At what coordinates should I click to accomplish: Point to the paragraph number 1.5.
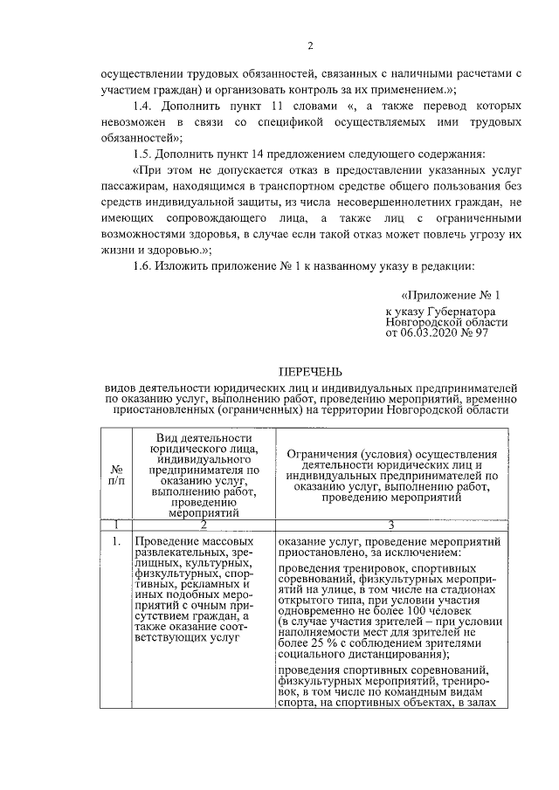pyautogui.click(x=143, y=154)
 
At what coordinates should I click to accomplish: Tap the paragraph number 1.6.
pyautogui.click(x=143, y=266)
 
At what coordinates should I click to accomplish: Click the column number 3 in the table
pyautogui.click(x=390, y=524)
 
